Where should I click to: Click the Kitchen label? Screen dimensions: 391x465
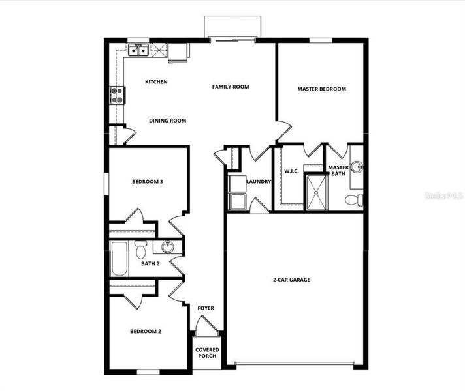(156, 82)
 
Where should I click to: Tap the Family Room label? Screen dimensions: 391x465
(231, 87)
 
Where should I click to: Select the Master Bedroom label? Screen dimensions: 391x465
(321, 89)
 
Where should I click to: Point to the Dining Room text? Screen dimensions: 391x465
(168, 121)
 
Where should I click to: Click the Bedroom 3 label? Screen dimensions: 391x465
(147, 182)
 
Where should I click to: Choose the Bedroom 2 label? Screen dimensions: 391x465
(145, 332)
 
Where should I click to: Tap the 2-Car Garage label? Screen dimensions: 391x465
(291, 280)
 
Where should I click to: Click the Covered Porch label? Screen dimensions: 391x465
(208, 353)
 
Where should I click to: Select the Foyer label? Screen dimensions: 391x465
(206, 308)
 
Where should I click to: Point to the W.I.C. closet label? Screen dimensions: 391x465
(291, 171)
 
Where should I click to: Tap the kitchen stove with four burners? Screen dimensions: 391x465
(117, 96)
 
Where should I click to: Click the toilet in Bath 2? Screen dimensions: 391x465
(140, 250)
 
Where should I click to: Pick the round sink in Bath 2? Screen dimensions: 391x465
(167, 247)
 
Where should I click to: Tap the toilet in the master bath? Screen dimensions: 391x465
(355, 199)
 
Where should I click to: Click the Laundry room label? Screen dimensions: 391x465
(258, 182)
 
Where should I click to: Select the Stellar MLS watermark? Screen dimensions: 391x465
(443, 195)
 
